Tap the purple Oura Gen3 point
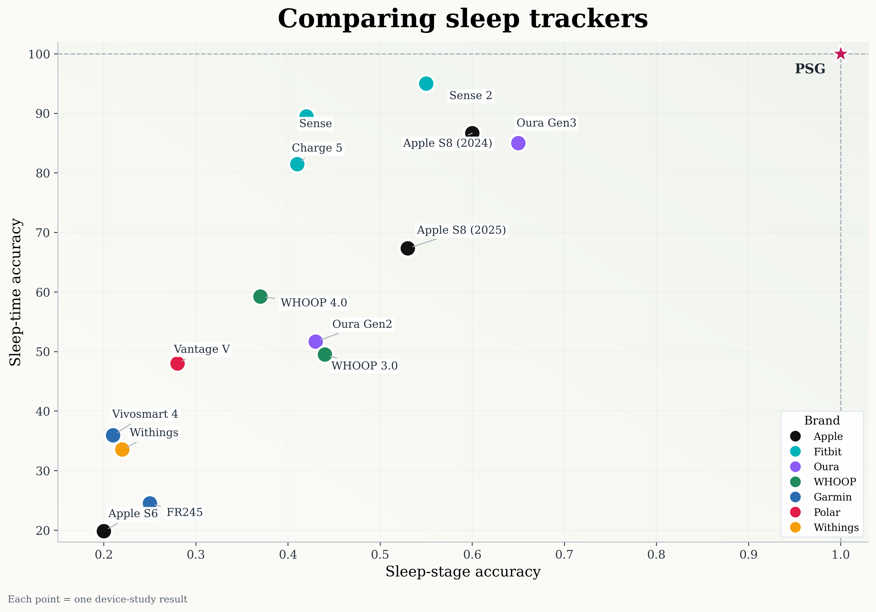[518, 143]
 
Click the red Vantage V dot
[178, 363]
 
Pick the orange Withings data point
[122, 450]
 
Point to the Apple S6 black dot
[103, 531]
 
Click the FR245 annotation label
[185, 512]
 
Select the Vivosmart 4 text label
[145, 414]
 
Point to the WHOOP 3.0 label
[364, 366]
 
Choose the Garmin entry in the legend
[832, 497]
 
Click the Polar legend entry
[827, 512]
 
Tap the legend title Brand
[822, 420]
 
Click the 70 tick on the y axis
[43, 233]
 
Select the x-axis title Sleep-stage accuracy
[463, 572]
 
